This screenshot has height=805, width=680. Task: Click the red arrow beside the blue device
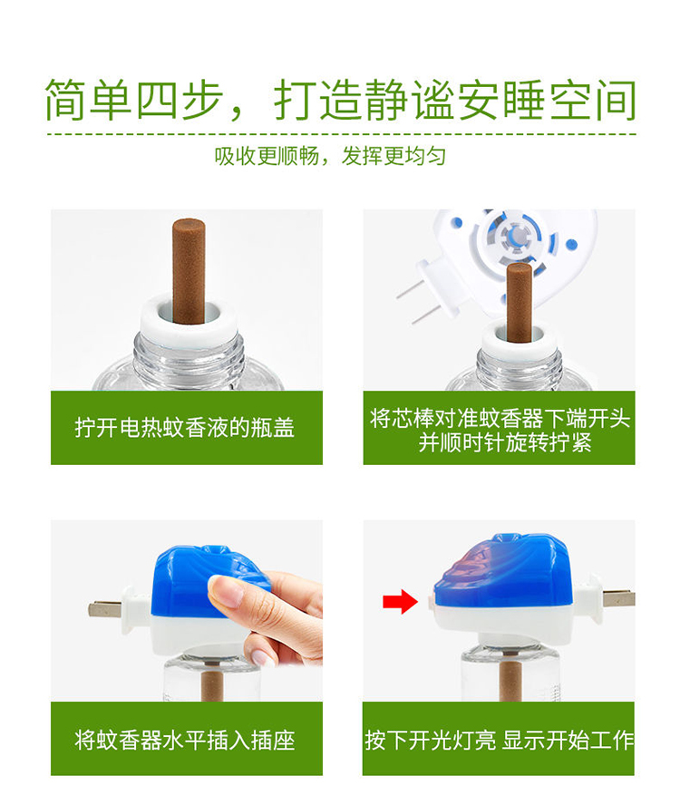400,601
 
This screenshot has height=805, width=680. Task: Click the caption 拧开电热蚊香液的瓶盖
185,428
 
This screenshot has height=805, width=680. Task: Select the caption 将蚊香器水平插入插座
185,741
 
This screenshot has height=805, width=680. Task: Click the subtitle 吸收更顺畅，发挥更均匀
330,156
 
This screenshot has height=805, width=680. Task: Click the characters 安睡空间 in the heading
547,100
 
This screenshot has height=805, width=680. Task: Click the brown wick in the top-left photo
189,270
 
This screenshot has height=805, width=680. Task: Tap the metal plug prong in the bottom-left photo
106,609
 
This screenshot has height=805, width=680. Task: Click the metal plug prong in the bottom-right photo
618,598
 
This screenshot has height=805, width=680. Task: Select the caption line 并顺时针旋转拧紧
505,442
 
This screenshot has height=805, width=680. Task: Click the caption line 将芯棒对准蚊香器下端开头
500,419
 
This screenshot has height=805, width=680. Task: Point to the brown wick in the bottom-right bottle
510,680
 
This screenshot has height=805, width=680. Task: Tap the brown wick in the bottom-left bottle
210,681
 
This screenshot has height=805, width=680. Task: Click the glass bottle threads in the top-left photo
188,359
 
